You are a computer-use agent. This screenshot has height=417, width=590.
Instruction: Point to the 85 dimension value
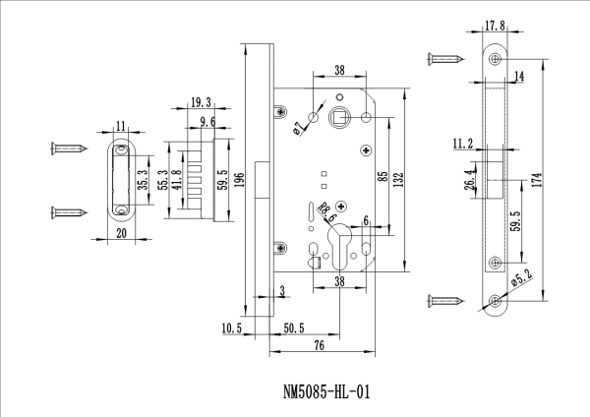(x=381, y=178)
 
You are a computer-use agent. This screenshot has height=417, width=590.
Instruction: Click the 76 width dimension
(x=320, y=344)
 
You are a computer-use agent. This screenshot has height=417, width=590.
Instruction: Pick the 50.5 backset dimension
(x=293, y=327)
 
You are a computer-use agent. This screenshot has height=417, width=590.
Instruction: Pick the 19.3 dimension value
(x=201, y=101)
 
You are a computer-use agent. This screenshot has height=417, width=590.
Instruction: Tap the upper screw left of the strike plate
(x=69, y=150)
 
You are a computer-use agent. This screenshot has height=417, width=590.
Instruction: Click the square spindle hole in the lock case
(x=339, y=118)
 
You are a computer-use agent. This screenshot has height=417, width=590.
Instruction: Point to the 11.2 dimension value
(x=463, y=144)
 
